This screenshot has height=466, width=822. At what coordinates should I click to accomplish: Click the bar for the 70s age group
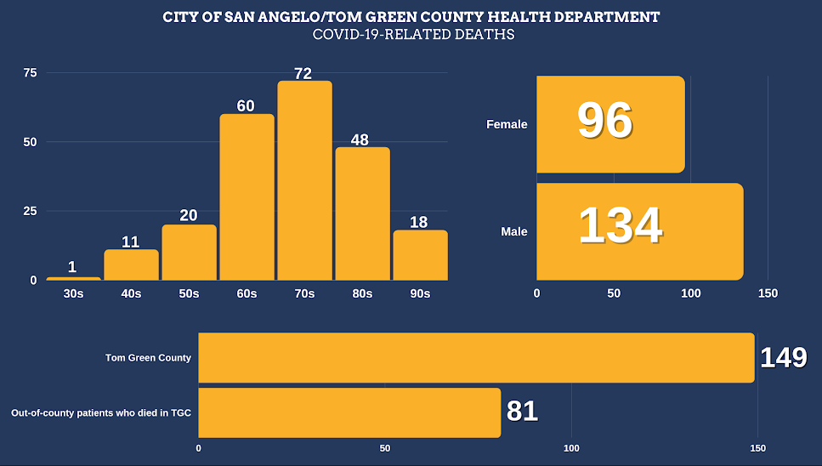pos(304,180)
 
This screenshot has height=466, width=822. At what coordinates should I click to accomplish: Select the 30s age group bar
pos(73,278)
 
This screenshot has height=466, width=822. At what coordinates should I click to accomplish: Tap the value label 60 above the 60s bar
pos(247,105)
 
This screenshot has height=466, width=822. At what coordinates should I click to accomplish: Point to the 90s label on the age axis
pos(420,293)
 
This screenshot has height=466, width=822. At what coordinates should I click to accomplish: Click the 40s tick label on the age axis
pos(131,293)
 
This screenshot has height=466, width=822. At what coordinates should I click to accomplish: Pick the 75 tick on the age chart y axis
pos(30,73)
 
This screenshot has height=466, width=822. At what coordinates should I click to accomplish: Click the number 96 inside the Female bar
pos(605,121)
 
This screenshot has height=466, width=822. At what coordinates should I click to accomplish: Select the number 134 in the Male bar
pos(620,226)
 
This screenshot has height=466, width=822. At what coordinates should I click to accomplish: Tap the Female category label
pos(507,124)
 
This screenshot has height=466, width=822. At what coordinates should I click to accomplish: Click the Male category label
pos(513,231)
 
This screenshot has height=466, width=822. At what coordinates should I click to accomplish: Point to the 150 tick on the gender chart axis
pos(768,293)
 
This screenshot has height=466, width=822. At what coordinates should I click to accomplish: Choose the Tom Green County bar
pos(476,358)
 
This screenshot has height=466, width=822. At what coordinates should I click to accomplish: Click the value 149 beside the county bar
pos(783,358)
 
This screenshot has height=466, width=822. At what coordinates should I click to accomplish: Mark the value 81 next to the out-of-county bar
pos(523,412)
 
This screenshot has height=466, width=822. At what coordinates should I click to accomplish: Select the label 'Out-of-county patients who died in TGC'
pos(101,413)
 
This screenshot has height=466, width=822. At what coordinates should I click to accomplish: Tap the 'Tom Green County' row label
pos(148,358)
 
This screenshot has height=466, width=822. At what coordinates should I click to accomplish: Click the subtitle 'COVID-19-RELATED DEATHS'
pos(413,35)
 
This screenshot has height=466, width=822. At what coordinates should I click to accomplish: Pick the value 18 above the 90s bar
pos(420,221)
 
